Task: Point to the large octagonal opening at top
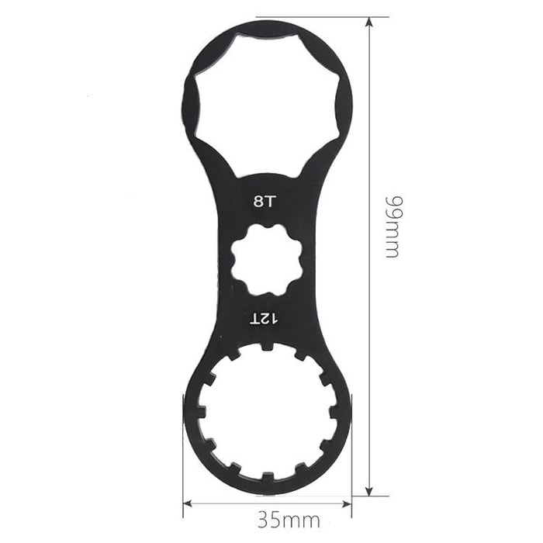[x=267, y=104]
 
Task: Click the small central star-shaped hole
[x=266, y=259]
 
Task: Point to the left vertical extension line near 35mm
[x=183, y=465]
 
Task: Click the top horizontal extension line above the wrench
[x=310, y=17]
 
